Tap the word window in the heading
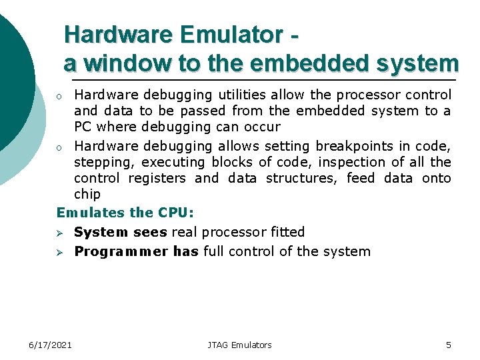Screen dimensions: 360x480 [124, 63]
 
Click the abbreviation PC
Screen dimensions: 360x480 [82, 127]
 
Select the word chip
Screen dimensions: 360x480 [87, 194]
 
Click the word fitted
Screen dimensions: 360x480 [287, 232]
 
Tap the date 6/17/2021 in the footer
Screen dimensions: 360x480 [50, 345]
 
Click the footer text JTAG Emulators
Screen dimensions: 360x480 [239, 345]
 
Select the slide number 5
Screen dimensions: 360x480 [448, 345]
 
